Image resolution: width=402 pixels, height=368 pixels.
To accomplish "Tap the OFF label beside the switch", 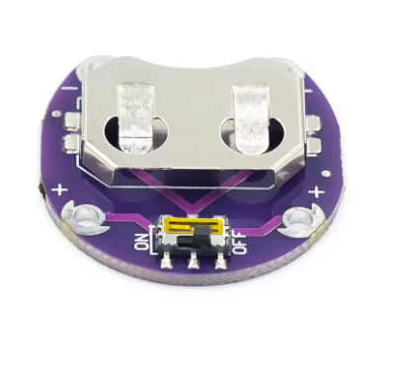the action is pos(241,243).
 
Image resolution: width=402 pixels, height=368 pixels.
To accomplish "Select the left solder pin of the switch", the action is pos(166,262).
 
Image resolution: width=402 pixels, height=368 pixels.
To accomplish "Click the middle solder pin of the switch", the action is pos(194,263).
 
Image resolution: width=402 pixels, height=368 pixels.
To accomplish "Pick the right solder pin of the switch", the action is pos(220,263).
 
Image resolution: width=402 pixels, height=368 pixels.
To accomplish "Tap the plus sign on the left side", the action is pos(59,190).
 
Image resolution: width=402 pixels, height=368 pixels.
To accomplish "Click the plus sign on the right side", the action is pos(317,191).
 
